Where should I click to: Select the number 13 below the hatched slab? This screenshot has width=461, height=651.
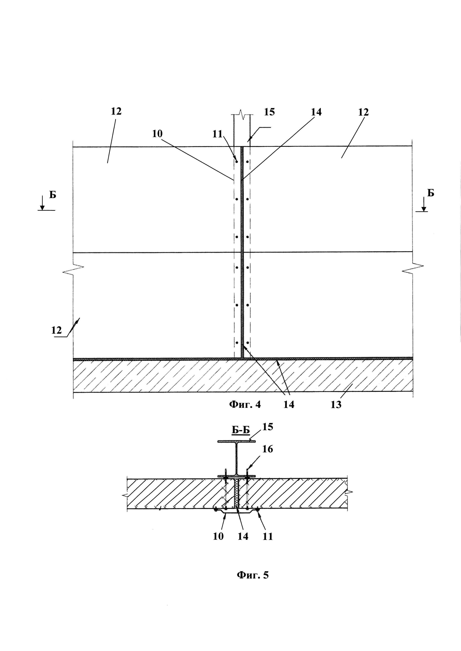click(336, 405)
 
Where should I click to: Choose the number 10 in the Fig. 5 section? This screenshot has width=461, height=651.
click(218, 536)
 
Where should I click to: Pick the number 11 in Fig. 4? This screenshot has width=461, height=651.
click(217, 134)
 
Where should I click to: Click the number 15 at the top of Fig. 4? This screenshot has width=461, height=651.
click(269, 112)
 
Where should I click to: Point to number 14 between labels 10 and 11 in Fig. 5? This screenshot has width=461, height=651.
click(243, 536)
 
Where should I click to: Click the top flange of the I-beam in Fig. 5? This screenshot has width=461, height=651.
click(236, 441)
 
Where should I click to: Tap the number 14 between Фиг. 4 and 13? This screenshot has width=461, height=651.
click(289, 405)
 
